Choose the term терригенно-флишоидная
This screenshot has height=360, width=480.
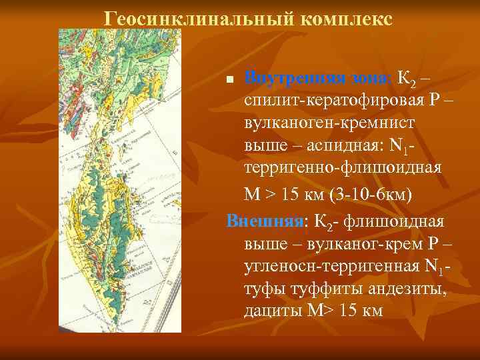[343, 167]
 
